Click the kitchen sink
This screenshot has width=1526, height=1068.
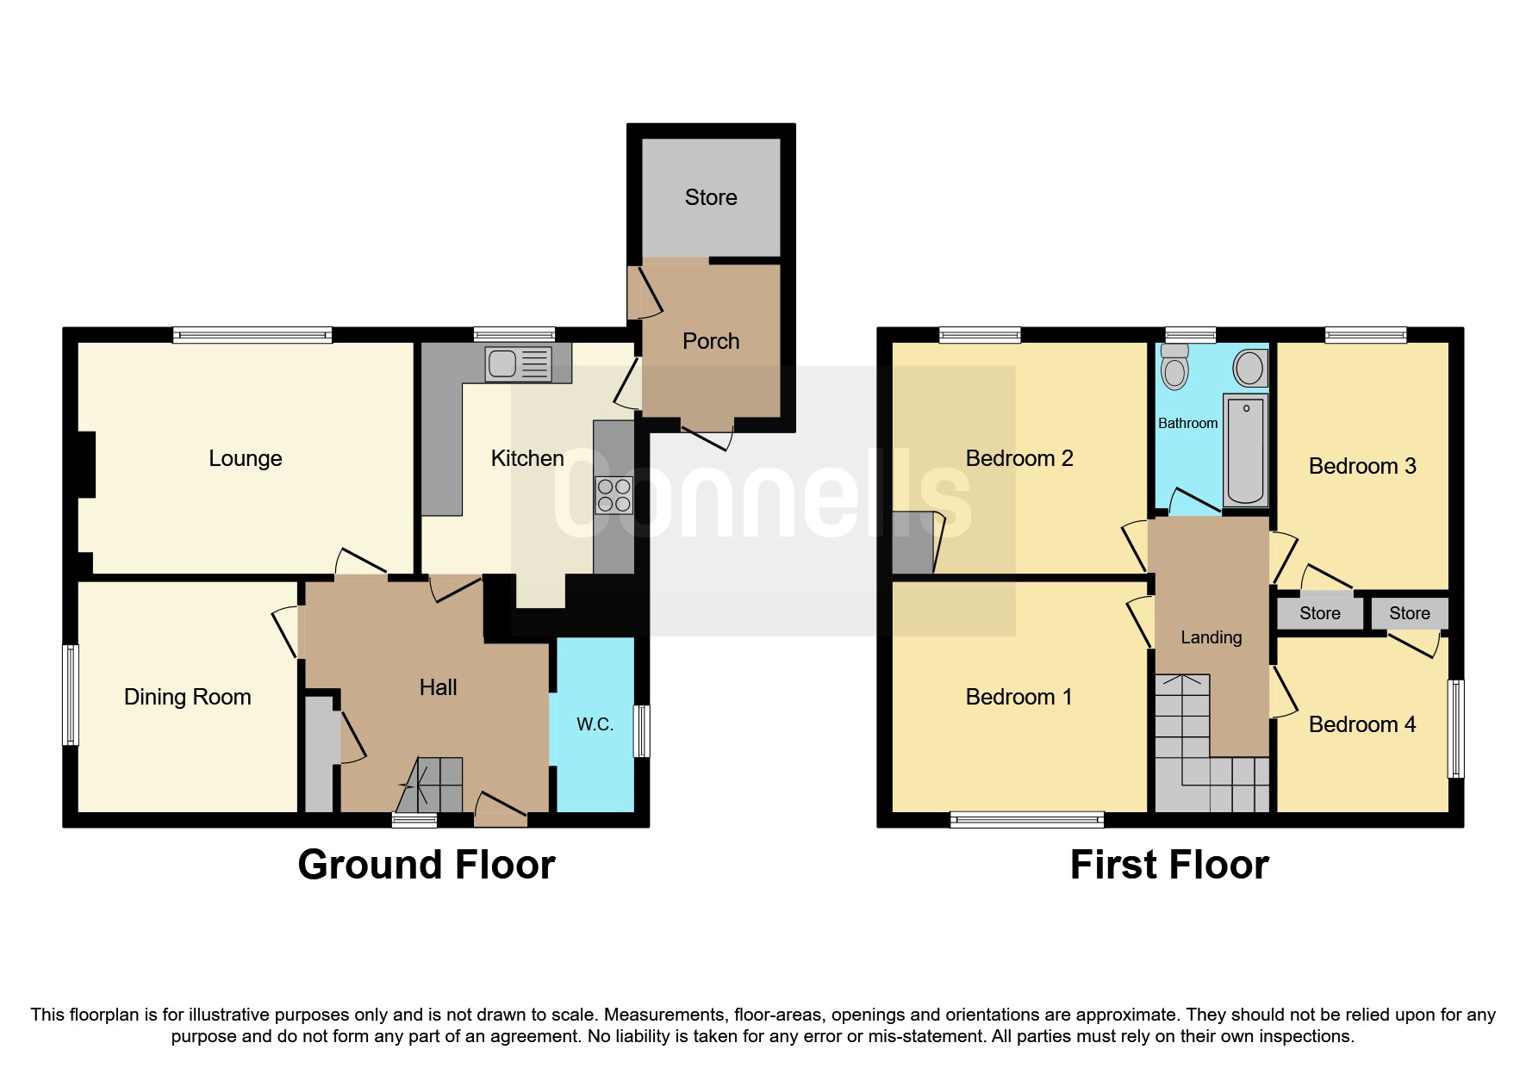518,363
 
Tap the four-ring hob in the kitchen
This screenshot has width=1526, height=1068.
614,495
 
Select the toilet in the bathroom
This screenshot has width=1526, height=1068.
1174,369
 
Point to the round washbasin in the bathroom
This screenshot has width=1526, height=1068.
1249,369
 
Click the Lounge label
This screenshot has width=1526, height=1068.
245,458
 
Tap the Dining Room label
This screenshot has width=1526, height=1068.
187,697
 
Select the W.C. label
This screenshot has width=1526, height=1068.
595,724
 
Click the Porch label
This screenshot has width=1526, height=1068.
710,341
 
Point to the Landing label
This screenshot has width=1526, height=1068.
1211,637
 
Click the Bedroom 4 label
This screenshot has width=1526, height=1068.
1361,724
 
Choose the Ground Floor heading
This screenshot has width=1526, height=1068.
426,865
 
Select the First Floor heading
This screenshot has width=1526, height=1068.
1168,865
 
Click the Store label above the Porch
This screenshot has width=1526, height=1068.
710,197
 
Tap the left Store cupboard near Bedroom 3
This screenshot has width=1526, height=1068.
1319,613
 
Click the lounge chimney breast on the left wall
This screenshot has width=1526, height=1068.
86,463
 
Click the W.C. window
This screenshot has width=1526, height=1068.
641,731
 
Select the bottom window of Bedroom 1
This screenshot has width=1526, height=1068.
1026,819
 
